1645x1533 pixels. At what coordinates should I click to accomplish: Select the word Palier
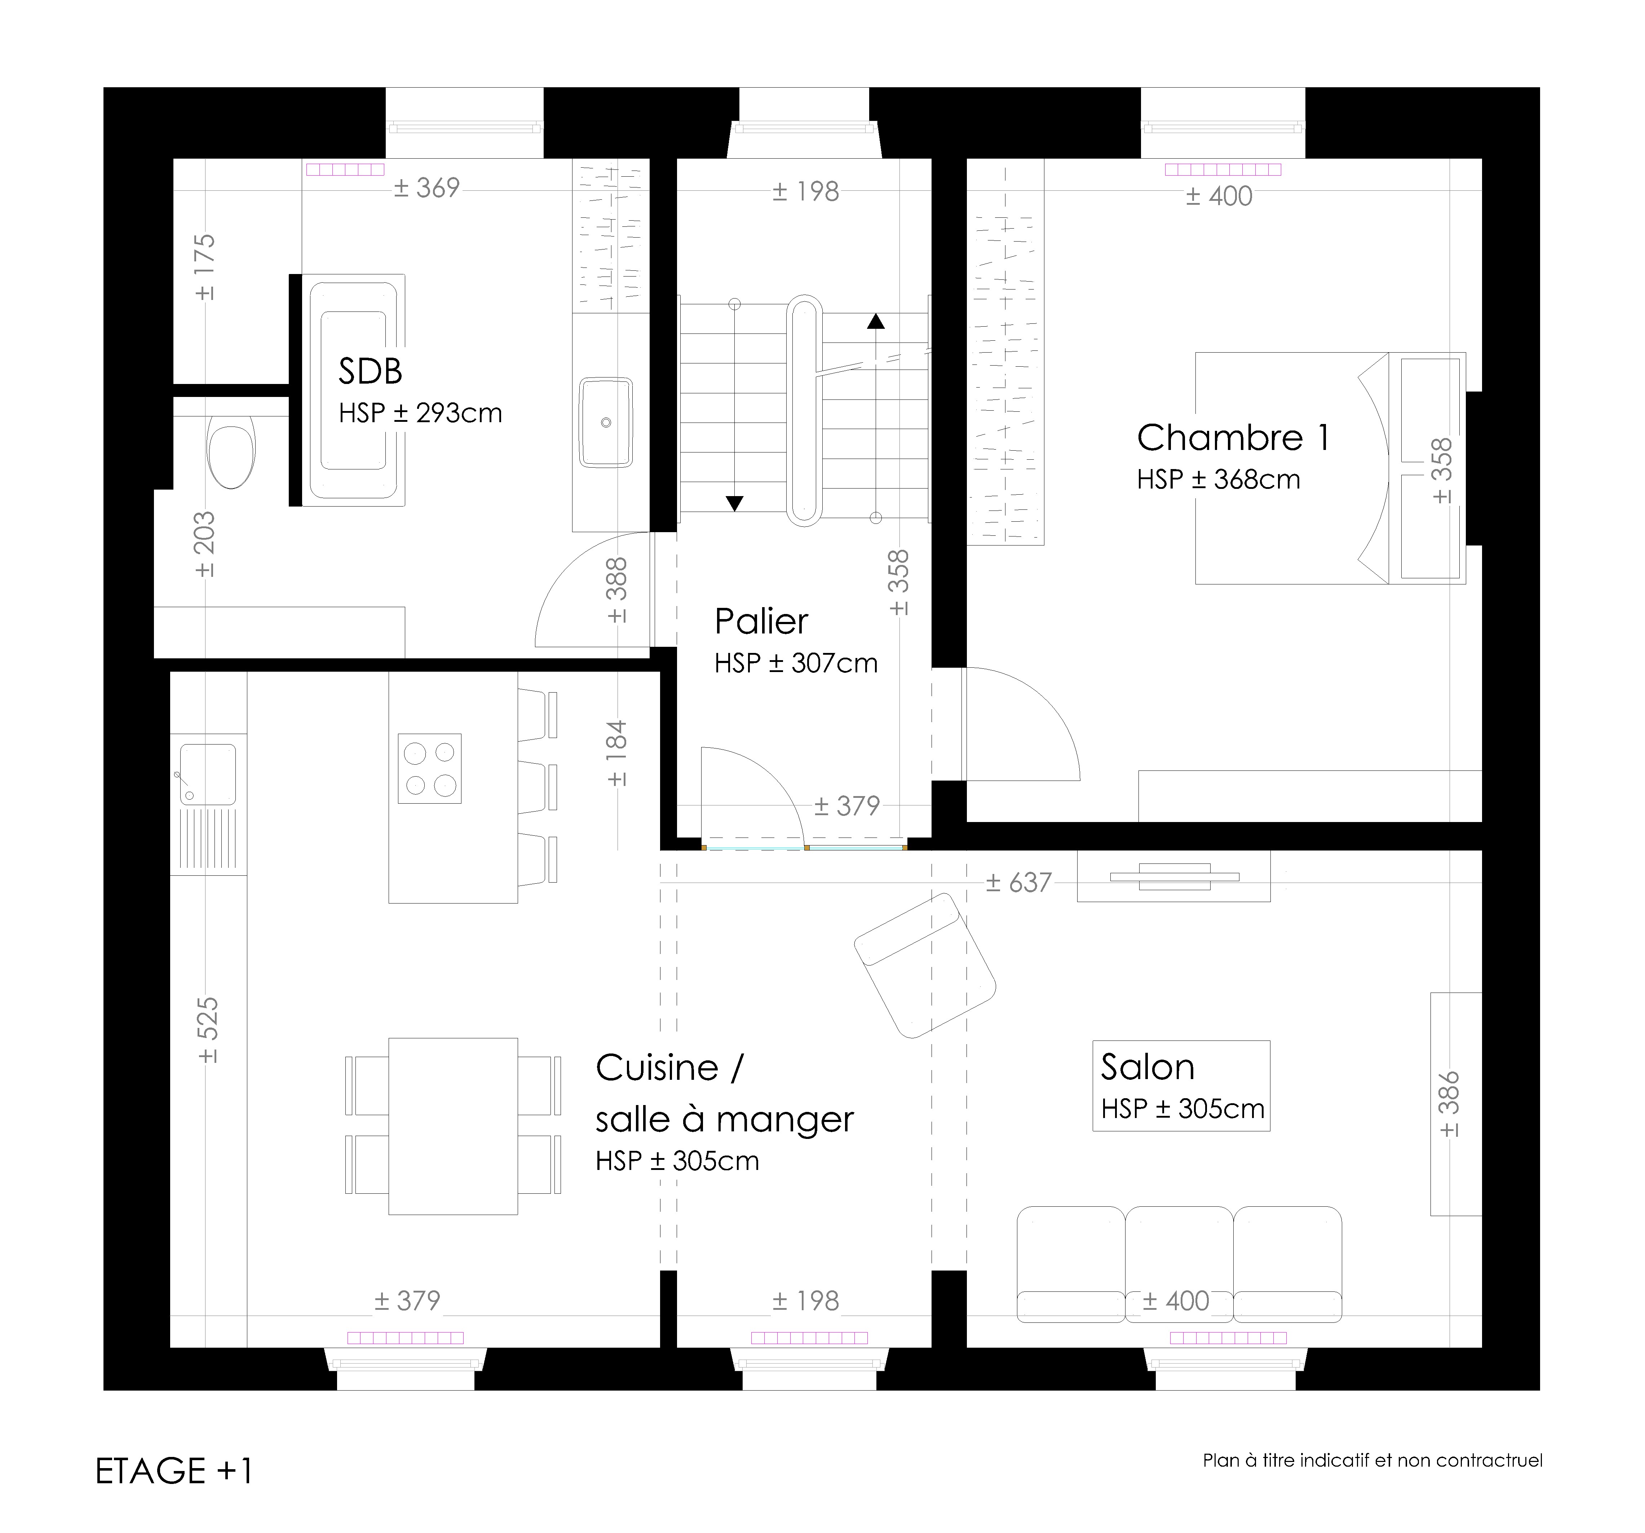pyautogui.click(x=761, y=621)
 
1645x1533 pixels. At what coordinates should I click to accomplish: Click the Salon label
pyautogui.click(x=1148, y=1067)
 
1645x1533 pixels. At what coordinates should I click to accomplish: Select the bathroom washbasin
pyautogui.click(x=606, y=423)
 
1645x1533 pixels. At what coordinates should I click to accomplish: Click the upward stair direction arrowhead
pyautogui.click(x=875, y=321)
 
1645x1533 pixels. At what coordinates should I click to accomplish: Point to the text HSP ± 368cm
pyautogui.click(x=1218, y=480)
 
